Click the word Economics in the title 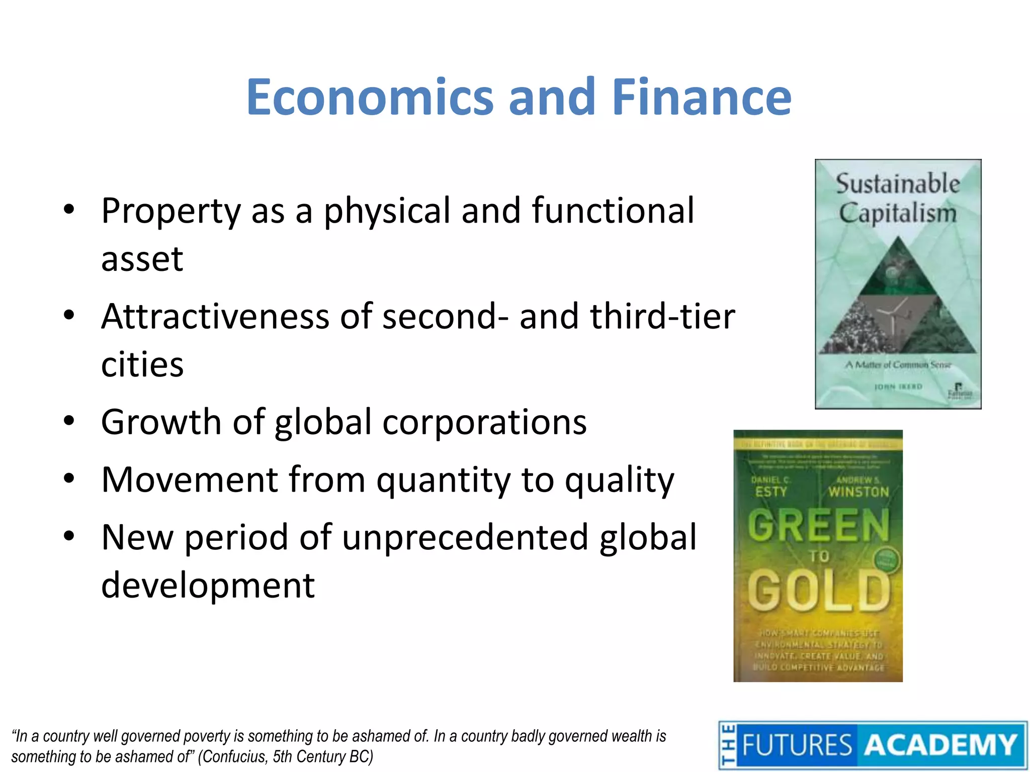[x=370, y=97]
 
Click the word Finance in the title [x=702, y=97]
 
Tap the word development [x=208, y=586]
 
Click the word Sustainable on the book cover [x=898, y=183]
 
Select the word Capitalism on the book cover [x=898, y=213]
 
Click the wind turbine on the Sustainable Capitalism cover [x=895, y=314]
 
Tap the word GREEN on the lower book [x=818, y=525]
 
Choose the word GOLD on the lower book [x=818, y=591]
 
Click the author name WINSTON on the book [x=859, y=492]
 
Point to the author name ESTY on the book [x=770, y=492]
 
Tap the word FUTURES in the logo [x=797, y=745]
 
